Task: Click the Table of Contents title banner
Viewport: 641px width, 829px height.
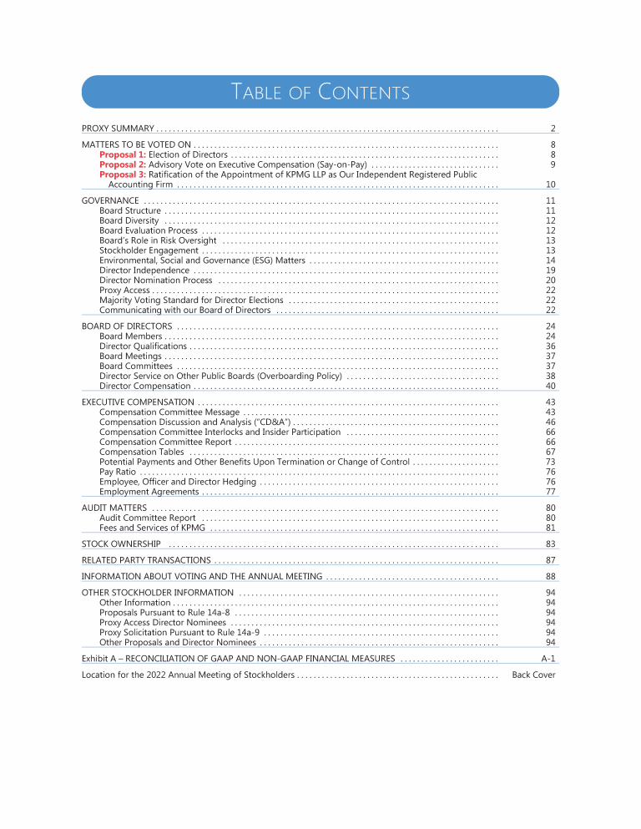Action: click(x=320, y=91)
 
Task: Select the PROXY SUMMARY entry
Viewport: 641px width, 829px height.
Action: click(x=118, y=129)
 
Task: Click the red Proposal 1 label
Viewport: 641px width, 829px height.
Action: click(x=123, y=154)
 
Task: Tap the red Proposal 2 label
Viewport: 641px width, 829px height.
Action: click(x=123, y=164)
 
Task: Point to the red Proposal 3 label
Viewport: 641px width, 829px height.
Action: click(x=123, y=174)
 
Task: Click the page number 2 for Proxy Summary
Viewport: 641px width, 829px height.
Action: click(x=553, y=129)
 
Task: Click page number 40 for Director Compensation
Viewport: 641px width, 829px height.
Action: click(x=551, y=386)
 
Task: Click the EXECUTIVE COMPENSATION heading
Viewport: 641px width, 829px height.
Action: click(x=138, y=402)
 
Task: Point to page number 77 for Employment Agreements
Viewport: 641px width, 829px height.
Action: click(x=551, y=492)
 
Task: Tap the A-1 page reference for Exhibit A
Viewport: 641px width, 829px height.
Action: click(x=548, y=659)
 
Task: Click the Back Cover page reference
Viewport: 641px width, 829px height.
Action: click(x=533, y=675)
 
